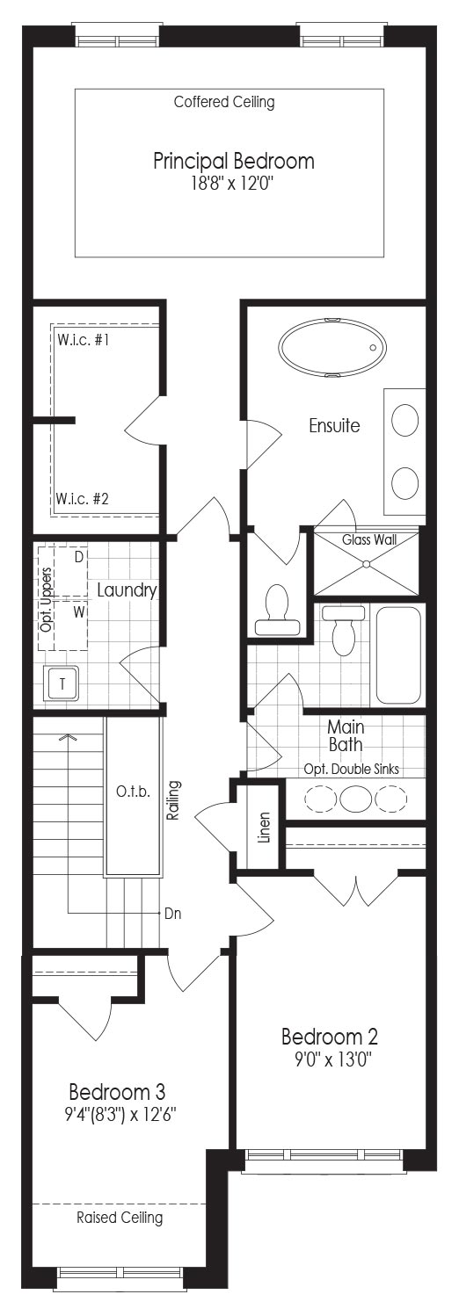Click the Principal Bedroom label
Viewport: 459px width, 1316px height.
point(234,161)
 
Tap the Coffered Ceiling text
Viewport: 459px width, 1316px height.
point(224,102)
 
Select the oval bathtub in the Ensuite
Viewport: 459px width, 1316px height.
point(332,346)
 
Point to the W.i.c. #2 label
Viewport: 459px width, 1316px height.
point(83,499)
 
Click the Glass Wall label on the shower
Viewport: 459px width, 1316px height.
point(369,539)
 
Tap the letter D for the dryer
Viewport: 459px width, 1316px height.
point(79,556)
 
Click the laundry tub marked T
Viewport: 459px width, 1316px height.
point(62,683)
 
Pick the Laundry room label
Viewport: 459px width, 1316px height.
point(127,589)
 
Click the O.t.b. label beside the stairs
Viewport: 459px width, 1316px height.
point(133,792)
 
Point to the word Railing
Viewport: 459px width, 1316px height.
point(173,800)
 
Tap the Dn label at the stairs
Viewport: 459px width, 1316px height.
point(173,914)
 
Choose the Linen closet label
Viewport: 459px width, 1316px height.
point(264,828)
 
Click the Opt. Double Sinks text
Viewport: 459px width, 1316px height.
point(352,769)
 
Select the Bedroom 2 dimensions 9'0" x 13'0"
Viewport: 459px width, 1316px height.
point(334,1059)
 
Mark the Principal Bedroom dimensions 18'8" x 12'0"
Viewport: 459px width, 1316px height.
point(233,184)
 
